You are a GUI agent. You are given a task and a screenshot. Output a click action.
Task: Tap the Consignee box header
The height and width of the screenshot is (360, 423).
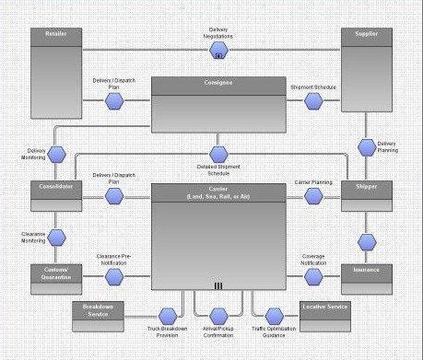(214, 84)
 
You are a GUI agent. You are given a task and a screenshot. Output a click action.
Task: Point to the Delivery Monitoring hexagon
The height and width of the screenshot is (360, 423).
(56, 154)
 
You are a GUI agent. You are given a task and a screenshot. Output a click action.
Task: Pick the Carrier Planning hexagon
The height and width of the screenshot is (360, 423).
(311, 196)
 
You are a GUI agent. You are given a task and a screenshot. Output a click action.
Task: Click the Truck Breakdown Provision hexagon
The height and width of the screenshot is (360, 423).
(168, 316)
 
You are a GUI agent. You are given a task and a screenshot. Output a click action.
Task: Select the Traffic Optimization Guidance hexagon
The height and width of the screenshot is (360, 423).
(273, 316)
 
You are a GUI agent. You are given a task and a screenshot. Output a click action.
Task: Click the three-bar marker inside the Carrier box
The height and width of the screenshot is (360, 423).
(217, 285)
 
